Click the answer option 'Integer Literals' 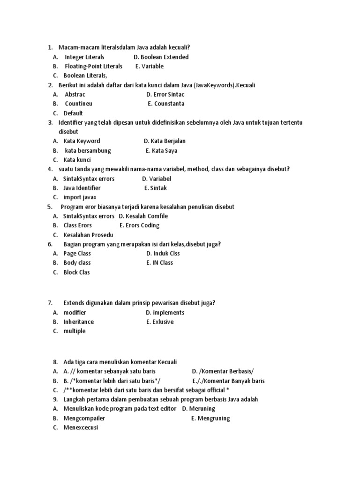click(84, 57)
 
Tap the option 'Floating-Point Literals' click(93, 66)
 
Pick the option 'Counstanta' click(166, 104)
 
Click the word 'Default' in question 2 click(73, 113)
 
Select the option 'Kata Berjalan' click(165, 141)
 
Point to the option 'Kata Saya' click(162, 150)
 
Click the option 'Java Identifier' click(82, 188)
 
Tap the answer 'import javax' click(80, 197)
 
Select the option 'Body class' click(77, 263)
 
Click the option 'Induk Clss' click(163, 254)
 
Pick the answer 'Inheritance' click(79, 322)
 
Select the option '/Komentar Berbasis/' click(223, 371)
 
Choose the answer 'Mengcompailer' click(84, 418)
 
